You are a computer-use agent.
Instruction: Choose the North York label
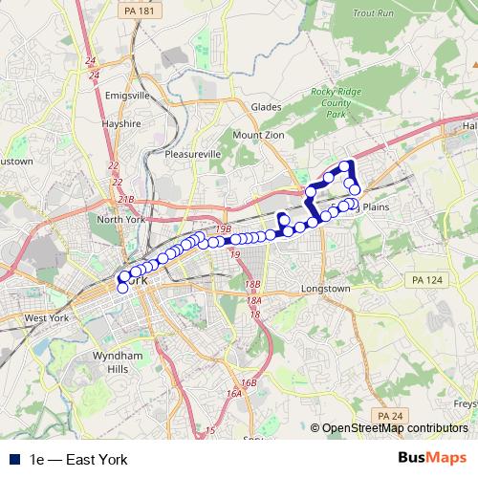tap(120, 219)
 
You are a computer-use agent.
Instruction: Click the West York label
tap(48, 318)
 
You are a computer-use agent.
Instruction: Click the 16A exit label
tap(234, 393)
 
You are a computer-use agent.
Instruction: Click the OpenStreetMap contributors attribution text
tap(394, 429)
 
